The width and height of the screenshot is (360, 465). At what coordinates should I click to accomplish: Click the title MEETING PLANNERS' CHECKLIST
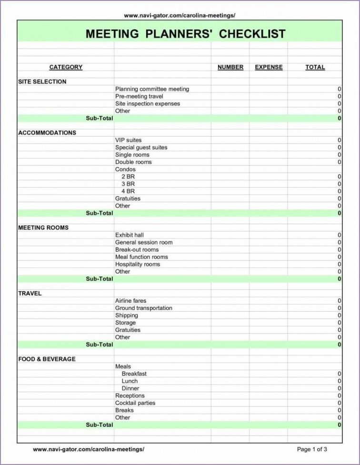[x=185, y=34]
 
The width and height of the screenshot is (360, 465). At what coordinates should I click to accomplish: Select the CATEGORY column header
[x=66, y=67]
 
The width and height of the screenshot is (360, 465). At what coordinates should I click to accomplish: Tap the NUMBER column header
[x=230, y=67]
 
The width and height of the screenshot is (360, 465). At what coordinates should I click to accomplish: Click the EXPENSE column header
[x=269, y=67]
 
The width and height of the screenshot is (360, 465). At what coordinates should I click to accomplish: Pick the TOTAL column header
[x=315, y=67]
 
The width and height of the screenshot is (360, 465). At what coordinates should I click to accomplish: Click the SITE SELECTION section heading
[x=42, y=81]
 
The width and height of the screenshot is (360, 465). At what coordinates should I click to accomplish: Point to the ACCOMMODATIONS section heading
[x=47, y=132]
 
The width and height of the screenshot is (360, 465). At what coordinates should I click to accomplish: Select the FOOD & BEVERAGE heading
[x=47, y=359]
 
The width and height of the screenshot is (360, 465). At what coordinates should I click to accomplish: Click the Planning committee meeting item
[x=152, y=89]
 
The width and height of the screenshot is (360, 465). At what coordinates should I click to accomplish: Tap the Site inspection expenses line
[x=148, y=103]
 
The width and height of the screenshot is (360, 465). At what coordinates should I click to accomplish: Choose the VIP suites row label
[x=128, y=140]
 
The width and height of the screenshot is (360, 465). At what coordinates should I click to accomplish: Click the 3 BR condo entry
[x=128, y=184]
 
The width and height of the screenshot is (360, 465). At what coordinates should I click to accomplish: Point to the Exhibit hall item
[x=129, y=235]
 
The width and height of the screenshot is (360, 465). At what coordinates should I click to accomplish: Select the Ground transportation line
[x=144, y=308]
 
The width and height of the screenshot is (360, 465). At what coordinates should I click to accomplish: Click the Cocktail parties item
[x=135, y=403]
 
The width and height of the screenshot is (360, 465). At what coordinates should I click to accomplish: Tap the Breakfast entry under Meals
[x=134, y=374]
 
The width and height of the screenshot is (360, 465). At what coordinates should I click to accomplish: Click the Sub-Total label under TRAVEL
[x=99, y=344]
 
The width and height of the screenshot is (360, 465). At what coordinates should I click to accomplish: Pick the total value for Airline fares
[x=339, y=301]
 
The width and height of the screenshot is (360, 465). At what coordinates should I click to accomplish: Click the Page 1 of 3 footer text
[x=312, y=449]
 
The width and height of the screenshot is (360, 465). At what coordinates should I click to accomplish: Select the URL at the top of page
[x=180, y=15]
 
